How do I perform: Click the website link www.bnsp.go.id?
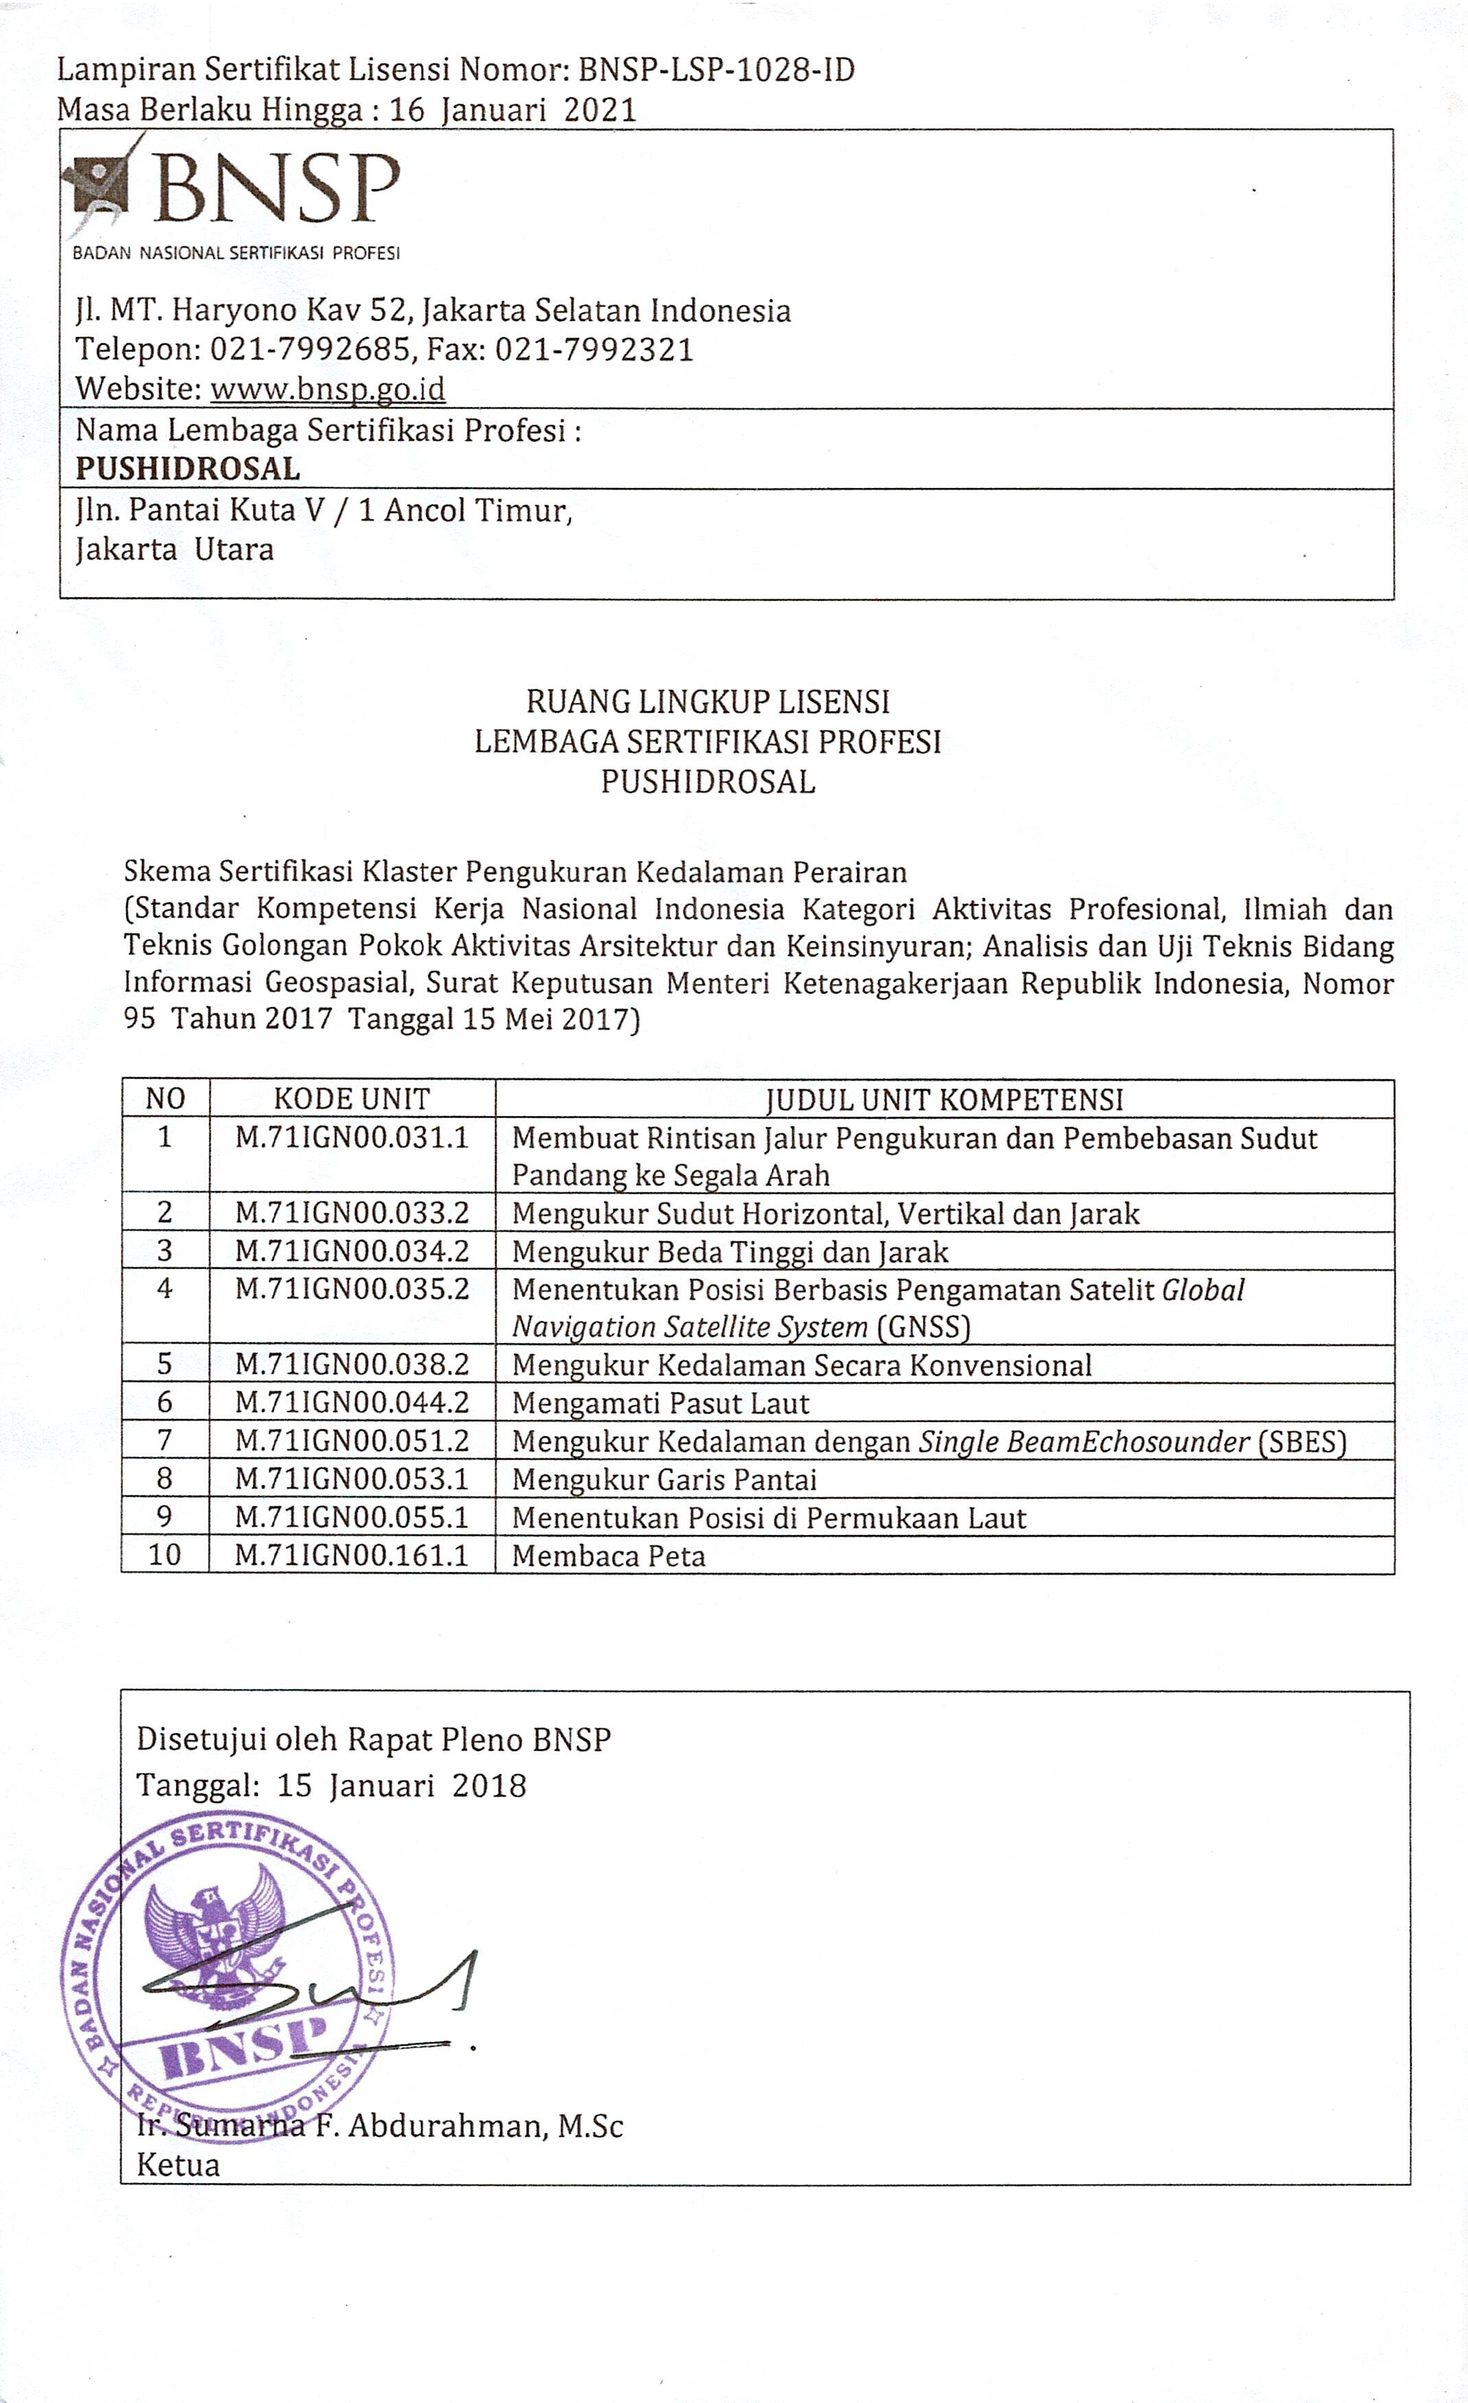pyautogui.click(x=328, y=389)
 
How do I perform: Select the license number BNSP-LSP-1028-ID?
pyautogui.click(x=716, y=70)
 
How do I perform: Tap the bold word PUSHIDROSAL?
pyautogui.click(x=187, y=469)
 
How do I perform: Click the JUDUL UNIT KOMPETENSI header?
pyautogui.click(x=944, y=1099)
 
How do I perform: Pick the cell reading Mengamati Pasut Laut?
pyautogui.click(x=661, y=1403)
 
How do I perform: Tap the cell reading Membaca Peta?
pyautogui.click(x=608, y=1556)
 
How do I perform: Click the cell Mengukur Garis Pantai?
pyautogui.click(x=664, y=1480)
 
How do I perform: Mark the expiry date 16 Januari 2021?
pyautogui.click(x=513, y=109)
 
